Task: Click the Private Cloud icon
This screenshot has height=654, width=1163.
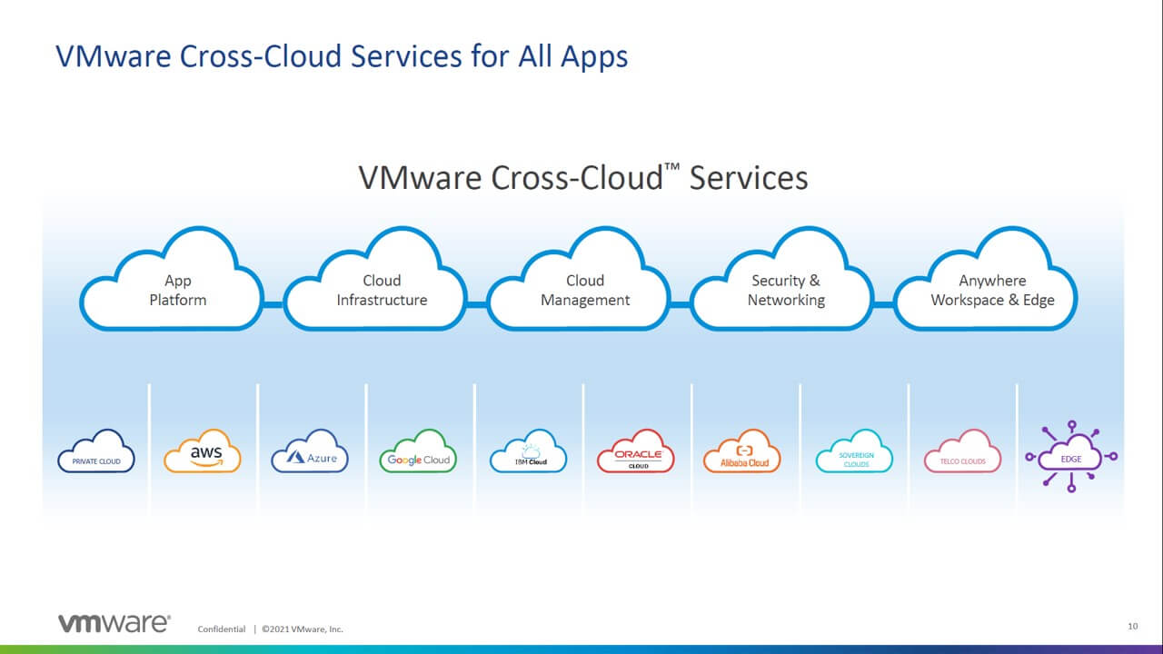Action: point(96,451)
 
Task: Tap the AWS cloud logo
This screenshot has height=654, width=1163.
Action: point(203,451)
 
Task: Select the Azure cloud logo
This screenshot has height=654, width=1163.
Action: point(310,451)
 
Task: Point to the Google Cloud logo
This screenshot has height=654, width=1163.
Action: point(418,451)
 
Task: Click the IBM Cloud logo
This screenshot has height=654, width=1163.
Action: point(529,451)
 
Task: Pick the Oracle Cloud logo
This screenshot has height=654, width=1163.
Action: point(636,451)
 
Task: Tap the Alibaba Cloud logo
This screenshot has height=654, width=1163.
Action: point(742,451)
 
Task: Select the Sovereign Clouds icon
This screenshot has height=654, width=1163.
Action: point(855,451)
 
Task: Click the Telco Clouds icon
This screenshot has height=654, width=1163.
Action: point(962,451)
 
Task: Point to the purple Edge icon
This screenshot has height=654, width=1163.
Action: point(1071,457)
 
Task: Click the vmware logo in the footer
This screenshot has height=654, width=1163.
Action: point(114,623)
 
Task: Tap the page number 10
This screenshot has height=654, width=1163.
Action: point(1133,627)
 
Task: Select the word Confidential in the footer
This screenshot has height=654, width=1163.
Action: point(221,629)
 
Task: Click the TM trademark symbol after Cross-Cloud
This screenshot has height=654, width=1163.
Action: point(671,167)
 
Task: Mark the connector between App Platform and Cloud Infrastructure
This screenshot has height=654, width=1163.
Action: point(273,304)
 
